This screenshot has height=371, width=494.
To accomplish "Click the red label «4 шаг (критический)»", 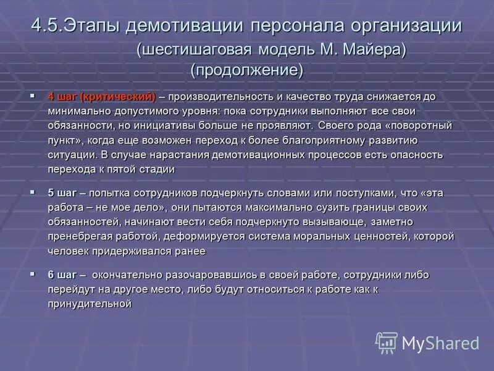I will click(x=101, y=97).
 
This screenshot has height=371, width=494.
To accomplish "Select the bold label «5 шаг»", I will click(x=62, y=193).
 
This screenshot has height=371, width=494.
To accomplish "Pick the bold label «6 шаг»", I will click(x=62, y=275).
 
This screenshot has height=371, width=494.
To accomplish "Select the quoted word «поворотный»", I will click(x=413, y=125).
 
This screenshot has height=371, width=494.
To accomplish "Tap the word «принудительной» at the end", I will click(x=90, y=303).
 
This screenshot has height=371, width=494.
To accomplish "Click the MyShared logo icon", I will click(x=387, y=342).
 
